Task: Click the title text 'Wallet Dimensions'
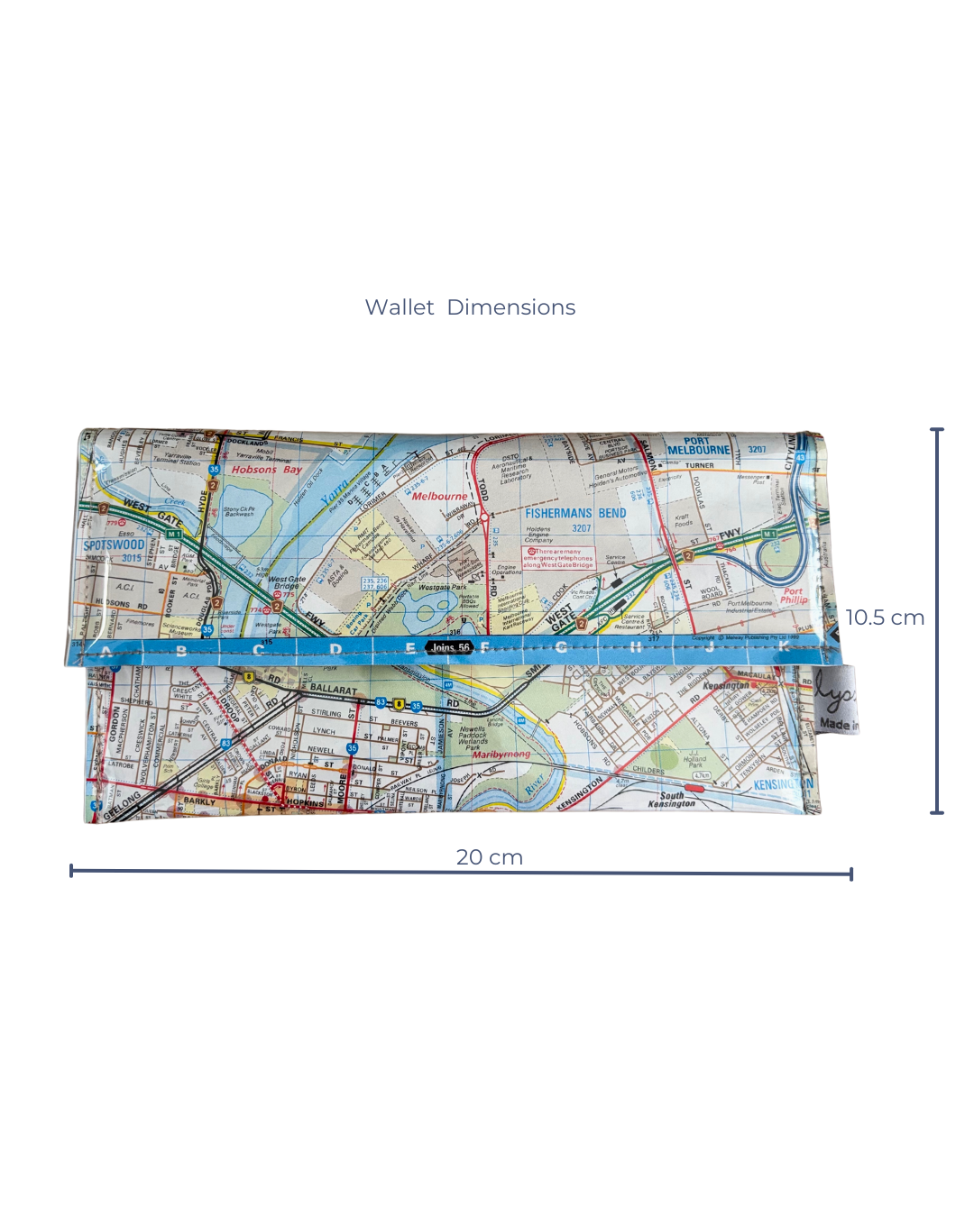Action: pyautogui.click(x=470, y=307)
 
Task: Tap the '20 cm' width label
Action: pyautogui.click(x=489, y=857)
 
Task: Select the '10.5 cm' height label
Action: pyautogui.click(x=885, y=618)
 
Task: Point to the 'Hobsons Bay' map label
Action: pyautogui.click(x=266, y=470)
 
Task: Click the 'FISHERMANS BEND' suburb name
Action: pyautogui.click(x=575, y=513)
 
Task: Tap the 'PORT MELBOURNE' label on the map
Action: pyautogui.click(x=699, y=446)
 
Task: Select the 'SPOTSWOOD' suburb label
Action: pyautogui.click(x=114, y=545)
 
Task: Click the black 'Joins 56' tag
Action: pyautogui.click(x=450, y=647)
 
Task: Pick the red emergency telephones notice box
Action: pyautogui.click(x=559, y=558)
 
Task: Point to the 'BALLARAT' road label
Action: pyautogui.click(x=333, y=689)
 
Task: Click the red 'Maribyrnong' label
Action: pyautogui.click(x=501, y=755)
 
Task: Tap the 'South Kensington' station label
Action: pyautogui.click(x=672, y=800)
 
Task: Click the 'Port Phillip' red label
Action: pyautogui.click(x=794, y=596)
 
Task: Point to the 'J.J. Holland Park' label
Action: pyautogui.click(x=695, y=758)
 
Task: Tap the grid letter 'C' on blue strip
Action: pyautogui.click(x=259, y=650)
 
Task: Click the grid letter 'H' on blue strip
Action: pyautogui.click(x=636, y=647)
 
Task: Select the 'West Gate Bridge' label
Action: pyautogui.click(x=287, y=583)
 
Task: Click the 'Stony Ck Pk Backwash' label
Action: pyautogui.click(x=239, y=512)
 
